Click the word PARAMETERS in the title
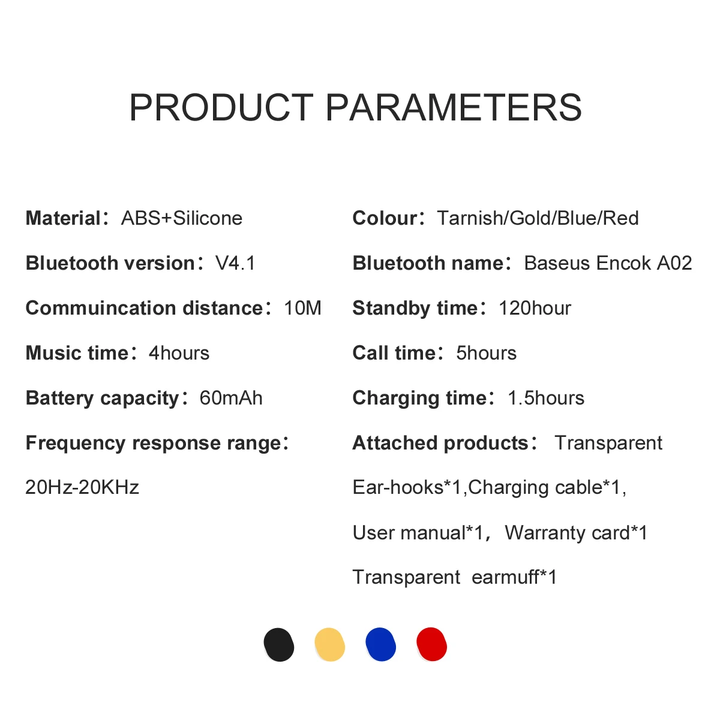[454, 107]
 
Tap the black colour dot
[278, 644]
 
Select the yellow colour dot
[329, 644]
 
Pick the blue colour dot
[381, 644]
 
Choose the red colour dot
[431, 644]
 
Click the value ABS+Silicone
[182, 218]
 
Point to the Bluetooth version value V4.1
[235, 263]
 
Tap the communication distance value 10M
[302, 308]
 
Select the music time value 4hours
[179, 353]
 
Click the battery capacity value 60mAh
[231, 398]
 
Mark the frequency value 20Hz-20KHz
[82, 487]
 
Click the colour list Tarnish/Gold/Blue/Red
[538, 218]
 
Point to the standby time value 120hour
[535, 308]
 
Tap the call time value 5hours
[486, 353]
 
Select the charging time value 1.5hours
[546, 398]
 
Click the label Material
[63, 218]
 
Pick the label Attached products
[440, 443]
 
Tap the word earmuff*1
[514, 577]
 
